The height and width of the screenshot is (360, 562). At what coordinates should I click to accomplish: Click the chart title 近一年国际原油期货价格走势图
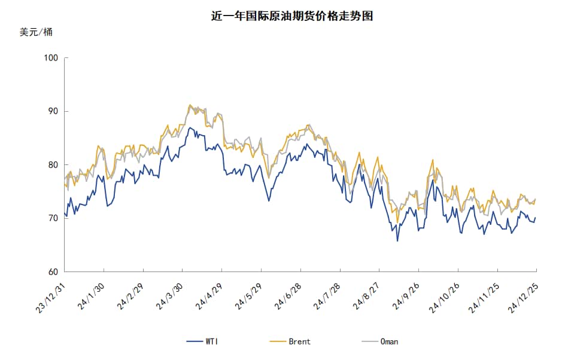tap(292, 16)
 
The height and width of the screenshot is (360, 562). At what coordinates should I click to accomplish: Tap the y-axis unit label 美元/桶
tap(36, 32)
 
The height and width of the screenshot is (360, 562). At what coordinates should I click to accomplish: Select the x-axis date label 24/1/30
tap(91, 295)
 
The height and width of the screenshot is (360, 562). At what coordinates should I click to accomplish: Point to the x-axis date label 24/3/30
tap(169, 295)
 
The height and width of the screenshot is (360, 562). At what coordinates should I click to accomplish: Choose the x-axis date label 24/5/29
tap(248, 295)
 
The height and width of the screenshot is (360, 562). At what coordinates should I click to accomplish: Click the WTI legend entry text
tap(211, 342)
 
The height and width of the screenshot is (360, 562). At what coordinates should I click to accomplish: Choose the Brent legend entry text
tap(299, 342)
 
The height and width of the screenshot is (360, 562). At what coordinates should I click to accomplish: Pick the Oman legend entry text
tap(389, 342)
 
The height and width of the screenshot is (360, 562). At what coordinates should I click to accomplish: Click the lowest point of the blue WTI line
tap(397, 241)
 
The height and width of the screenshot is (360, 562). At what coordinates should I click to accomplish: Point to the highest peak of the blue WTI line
tap(190, 127)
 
